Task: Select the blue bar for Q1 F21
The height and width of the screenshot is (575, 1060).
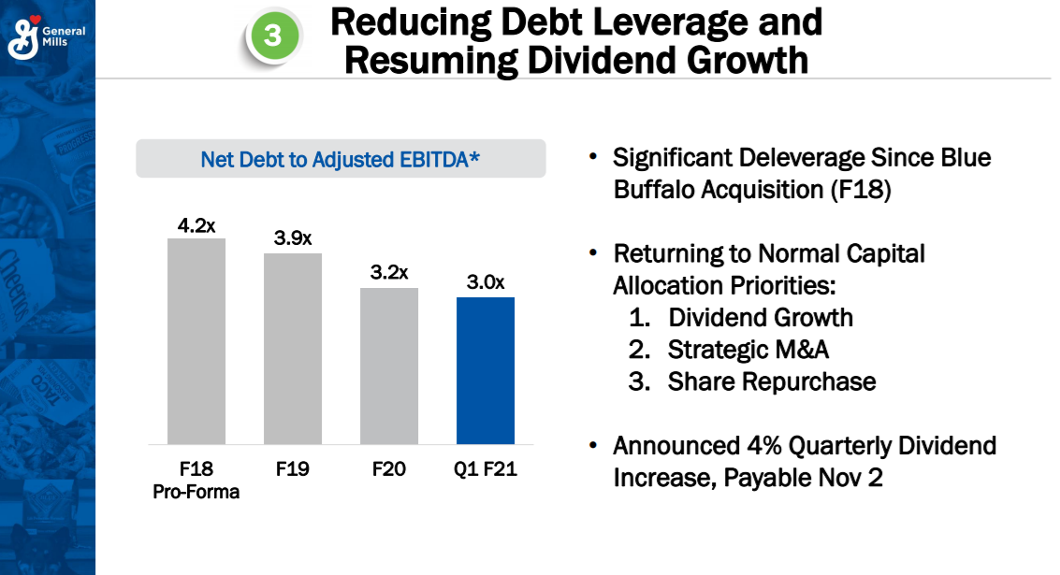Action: point(486,370)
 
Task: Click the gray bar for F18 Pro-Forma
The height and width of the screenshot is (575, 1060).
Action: point(196,341)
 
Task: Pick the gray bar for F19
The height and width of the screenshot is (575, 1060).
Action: point(293,349)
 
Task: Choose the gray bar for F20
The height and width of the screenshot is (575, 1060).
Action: point(389,366)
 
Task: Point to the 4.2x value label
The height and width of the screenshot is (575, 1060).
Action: point(196,225)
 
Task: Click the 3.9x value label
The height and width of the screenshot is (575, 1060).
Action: point(293,238)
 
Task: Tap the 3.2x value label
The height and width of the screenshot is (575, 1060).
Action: point(389,272)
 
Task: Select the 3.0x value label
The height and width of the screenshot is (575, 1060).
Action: point(486,282)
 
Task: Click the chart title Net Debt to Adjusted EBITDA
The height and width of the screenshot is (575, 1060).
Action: point(341,160)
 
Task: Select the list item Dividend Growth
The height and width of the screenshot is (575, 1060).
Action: point(760,317)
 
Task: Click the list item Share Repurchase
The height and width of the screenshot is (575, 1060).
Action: point(771,381)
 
